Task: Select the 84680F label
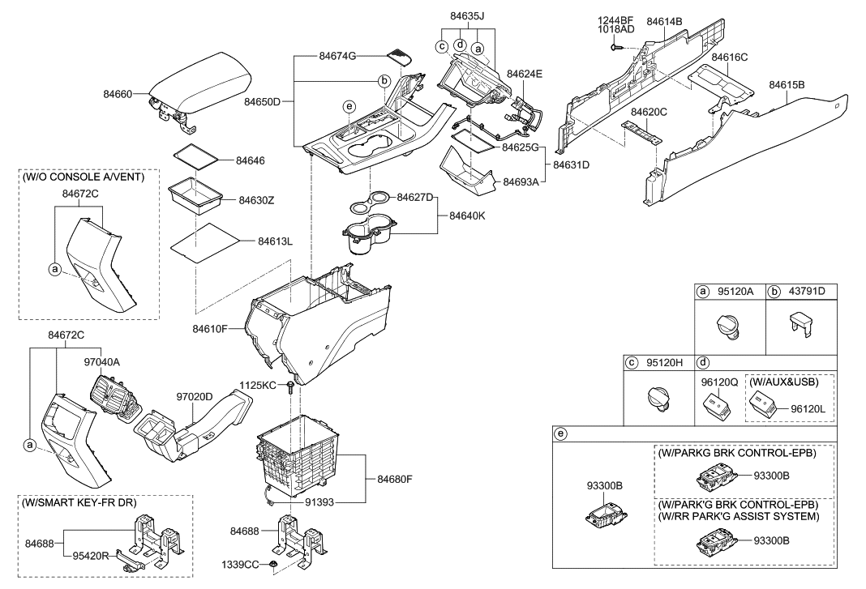(394, 479)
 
